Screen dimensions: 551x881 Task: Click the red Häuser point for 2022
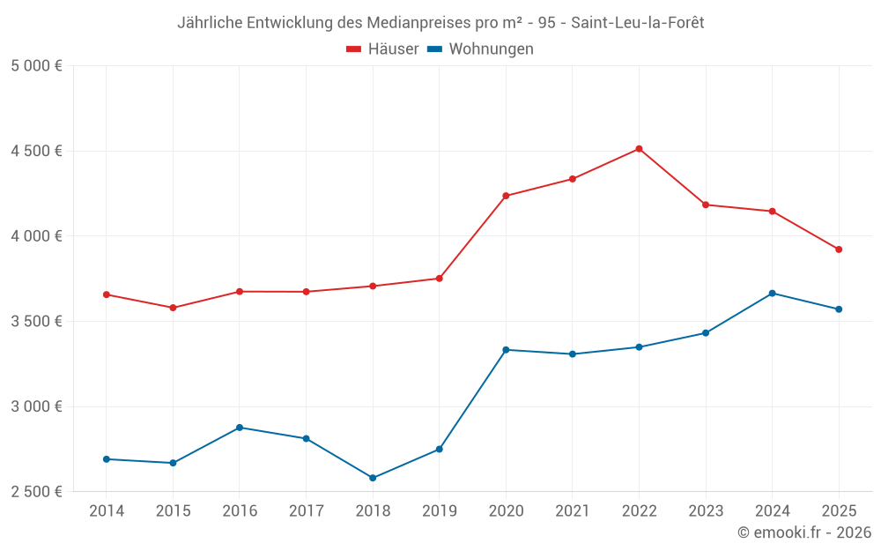639,149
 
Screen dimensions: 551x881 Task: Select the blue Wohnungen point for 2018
373,478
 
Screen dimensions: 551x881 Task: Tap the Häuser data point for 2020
506,196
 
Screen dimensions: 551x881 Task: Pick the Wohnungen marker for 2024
772,293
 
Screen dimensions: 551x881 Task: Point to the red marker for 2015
173,308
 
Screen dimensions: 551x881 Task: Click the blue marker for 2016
240,428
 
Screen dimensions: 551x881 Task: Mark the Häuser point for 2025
839,249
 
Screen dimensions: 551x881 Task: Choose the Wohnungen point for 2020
506,350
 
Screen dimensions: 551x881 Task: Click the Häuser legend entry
382,49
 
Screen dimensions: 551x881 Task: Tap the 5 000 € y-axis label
36,66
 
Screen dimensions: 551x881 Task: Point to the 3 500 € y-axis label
36,322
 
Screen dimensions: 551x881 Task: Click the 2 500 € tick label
36,492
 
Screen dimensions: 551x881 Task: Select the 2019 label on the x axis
439,511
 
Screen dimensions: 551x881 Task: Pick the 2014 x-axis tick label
107,511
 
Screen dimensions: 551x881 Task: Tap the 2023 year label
706,511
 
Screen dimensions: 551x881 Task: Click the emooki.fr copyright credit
803,532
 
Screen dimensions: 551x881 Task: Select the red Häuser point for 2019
439,279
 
